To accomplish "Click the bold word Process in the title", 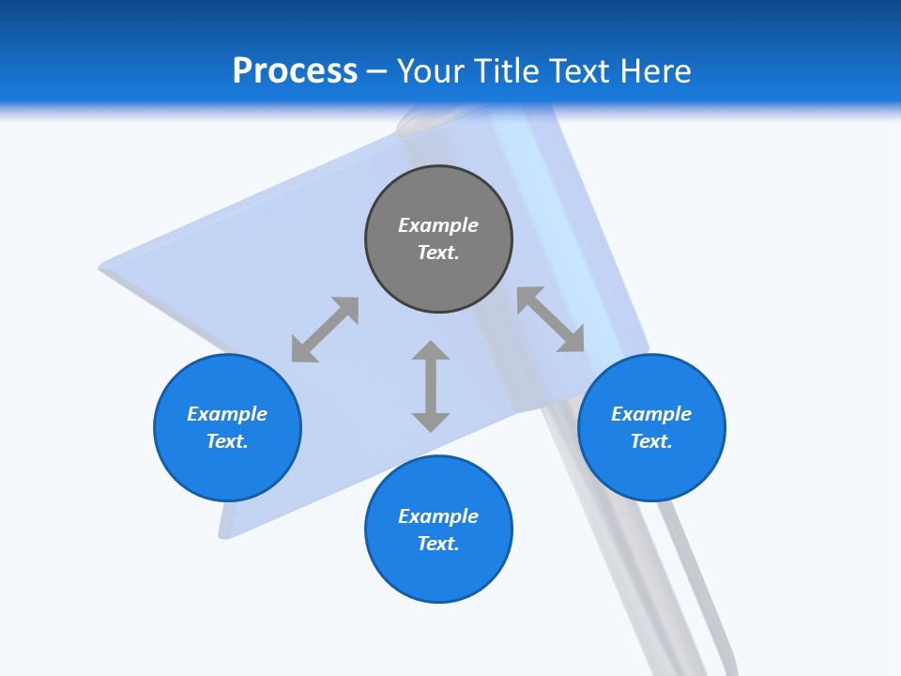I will pos(295,71).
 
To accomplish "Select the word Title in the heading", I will pos(507,71).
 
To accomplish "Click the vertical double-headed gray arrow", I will pos(431,386).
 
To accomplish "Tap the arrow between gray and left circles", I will pos(325,330).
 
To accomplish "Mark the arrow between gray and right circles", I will pos(551,319).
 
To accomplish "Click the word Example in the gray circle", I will pos(438,225).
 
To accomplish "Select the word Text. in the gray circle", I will pos(438,253).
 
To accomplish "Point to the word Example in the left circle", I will pos(227,414).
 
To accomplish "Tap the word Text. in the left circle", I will pos(227,441).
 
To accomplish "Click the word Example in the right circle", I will pos(651,414).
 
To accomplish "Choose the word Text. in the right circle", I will pos(651,441).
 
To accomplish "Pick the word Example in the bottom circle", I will pos(438,516).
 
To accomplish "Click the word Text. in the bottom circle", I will pos(438,544).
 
